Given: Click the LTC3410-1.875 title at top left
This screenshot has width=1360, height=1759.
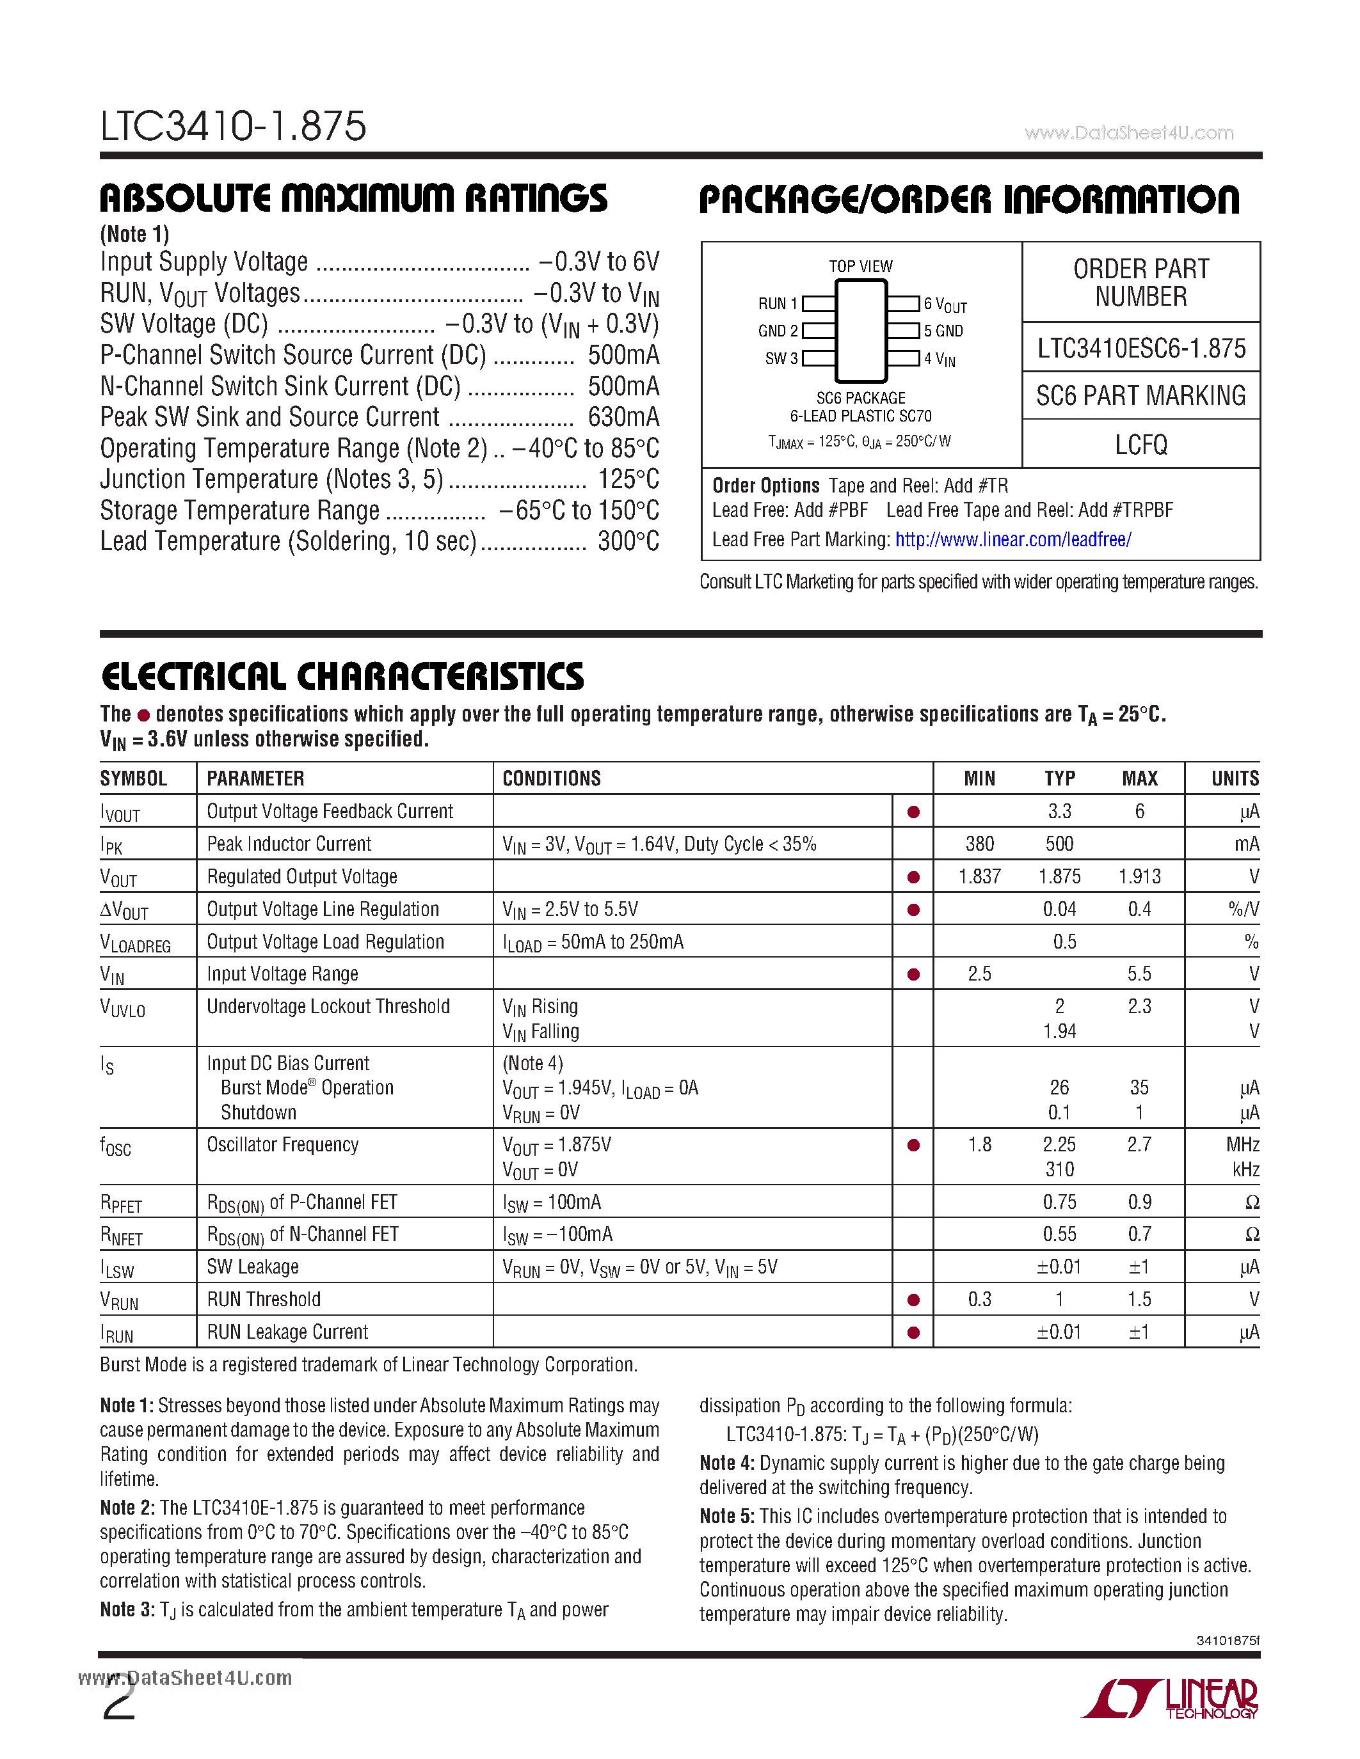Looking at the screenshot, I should coord(233,127).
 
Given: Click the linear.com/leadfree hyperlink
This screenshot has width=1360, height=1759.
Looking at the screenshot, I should coord(1012,540).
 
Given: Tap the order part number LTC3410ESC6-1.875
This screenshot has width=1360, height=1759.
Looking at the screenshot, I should coord(1141,348).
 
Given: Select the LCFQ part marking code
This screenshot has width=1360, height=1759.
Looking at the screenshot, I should coord(1141,445).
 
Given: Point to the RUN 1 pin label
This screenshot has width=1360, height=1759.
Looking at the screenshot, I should coord(778,304).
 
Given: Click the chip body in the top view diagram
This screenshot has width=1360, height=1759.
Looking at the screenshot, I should coord(860,330).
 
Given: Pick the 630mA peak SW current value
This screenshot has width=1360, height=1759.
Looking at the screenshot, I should coord(623,417).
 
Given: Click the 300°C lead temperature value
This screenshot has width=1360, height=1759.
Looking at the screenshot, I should coord(628,541).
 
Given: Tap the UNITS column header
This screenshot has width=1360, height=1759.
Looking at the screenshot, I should coord(1235,779).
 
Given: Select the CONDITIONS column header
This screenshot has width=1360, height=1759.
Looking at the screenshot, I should coord(551,779).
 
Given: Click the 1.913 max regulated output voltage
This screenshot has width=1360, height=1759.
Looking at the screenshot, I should coord(1139,876).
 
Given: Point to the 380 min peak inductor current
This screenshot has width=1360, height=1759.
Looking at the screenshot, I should coord(979,844).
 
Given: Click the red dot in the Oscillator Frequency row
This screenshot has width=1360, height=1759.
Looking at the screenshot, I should coord(913,1146).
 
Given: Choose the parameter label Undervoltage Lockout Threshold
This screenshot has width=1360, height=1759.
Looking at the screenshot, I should coord(328,1007).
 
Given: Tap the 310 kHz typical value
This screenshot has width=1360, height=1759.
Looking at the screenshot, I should coord(1059,1169).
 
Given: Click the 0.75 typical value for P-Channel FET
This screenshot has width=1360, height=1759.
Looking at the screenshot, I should coord(1059,1203).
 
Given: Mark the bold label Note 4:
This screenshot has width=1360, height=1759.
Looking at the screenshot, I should coord(727,1463).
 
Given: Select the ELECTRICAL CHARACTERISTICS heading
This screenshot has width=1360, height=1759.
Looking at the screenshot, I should coord(342,677).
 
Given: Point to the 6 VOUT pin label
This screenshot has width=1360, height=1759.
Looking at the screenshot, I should coord(944,304).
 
